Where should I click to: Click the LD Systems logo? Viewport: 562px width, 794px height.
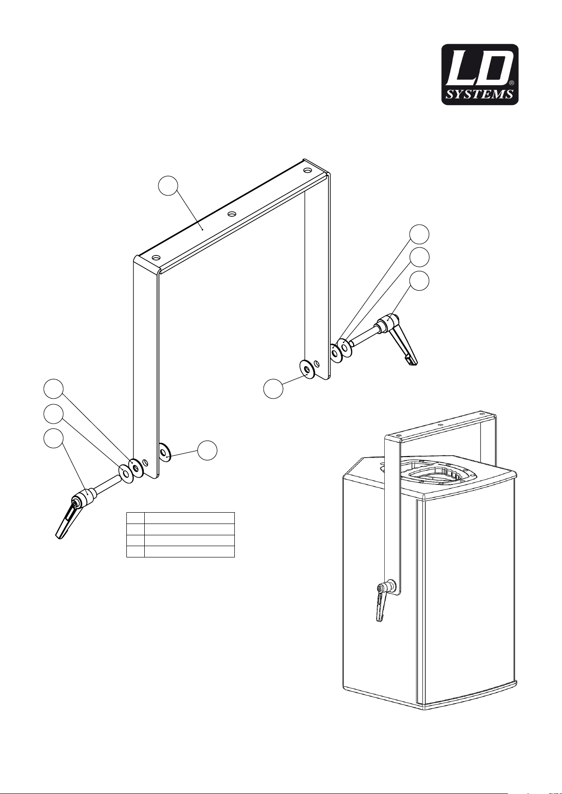point(480,74)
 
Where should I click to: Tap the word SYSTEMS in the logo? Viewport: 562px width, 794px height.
point(479,95)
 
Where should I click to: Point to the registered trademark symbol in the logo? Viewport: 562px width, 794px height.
point(511,83)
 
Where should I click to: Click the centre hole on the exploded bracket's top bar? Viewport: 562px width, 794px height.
point(232,214)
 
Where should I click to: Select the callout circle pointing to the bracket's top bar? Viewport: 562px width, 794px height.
point(168,185)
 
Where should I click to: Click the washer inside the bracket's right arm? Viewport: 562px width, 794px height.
point(306,369)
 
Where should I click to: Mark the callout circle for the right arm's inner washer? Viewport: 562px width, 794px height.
point(273,388)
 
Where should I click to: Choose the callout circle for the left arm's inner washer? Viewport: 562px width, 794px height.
point(207,450)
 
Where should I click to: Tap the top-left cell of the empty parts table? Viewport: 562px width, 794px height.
point(135,518)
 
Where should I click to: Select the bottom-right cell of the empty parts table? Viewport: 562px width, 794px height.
point(190,551)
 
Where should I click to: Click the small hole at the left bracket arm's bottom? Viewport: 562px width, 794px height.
point(145,463)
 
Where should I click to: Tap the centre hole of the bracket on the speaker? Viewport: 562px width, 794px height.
point(440,424)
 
